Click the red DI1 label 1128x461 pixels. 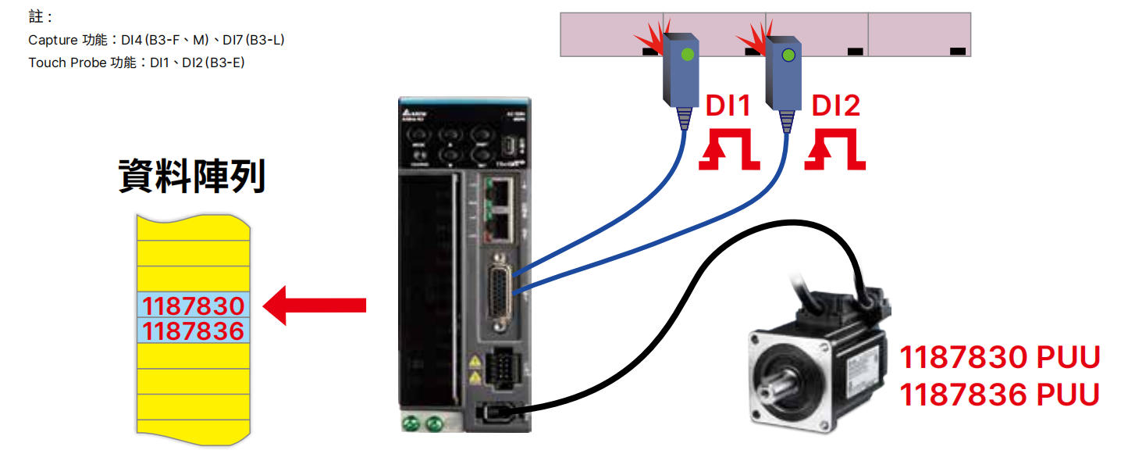pyautogui.click(x=728, y=106)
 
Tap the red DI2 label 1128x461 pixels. pyautogui.click(x=835, y=106)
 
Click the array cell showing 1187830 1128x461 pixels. pyautogui.click(x=194, y=305)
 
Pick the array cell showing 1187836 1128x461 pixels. pyautogui.click(x=194, y=331)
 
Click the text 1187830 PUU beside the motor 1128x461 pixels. pyautogui.click(x=1000, y=358)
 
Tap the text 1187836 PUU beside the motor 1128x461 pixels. pyautogui.click(x=1000, y=395)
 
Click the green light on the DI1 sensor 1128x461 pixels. pyautogui.click(x=686, y=55)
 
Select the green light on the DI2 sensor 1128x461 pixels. pyautogui.click(x=788, y=55)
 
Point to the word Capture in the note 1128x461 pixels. pyautogui.click(x=52, y=40)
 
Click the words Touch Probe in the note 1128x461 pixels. pyautogui.click(x=66, y=63)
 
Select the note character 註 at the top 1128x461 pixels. pyautogui.click(x=35, y=16)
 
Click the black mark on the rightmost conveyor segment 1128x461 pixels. pyautogui.click(x=958, y=51)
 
